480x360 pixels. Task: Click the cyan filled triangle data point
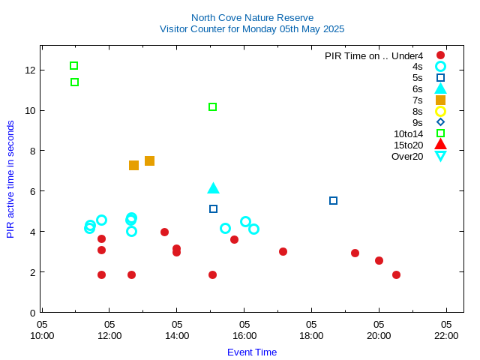(x=213, y=188)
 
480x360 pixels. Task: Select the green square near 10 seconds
(x=212, y=107)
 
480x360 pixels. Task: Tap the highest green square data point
(x=73, y=66)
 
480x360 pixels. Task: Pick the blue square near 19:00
(x=333, y=201)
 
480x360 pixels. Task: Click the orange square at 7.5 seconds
(x=149, y=160)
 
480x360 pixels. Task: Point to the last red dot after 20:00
(x=396, y=274)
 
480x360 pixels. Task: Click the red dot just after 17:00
(x=283, y=251)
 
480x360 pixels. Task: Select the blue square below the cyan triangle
(x=213, y=209)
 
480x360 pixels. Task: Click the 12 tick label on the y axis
(x=30, y=70)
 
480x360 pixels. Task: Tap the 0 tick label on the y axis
(x=32, y=313)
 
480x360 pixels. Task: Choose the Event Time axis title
(x=252, y=352)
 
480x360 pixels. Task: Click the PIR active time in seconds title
(x=10, y=180)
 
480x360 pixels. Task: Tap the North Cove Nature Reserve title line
(x=252, y=17)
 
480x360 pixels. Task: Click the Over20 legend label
(x=407, y=156)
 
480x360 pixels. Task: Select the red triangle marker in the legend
(x=440, y=145)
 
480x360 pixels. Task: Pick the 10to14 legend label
(x=408, y=133)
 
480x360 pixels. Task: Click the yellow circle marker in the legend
(x=440, y=111)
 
